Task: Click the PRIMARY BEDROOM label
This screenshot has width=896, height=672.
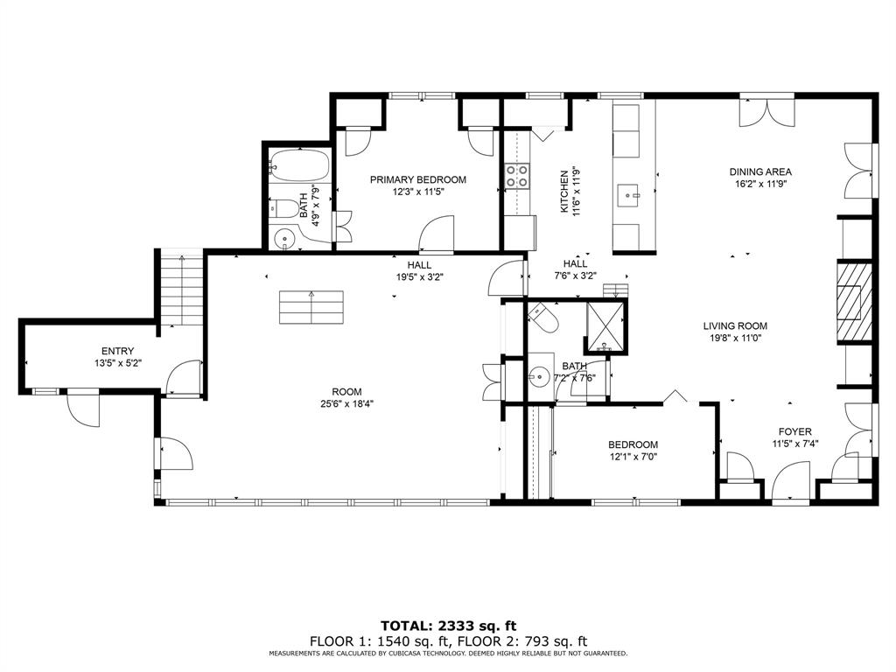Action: (417, 180)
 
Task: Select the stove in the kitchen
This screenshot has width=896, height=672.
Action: (516, 176)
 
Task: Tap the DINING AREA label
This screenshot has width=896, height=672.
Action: (760, 172)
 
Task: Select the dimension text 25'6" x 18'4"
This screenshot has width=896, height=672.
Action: (346, 404)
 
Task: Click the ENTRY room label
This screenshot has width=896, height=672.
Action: (117, 350)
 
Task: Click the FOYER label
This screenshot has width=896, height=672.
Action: (794, 431)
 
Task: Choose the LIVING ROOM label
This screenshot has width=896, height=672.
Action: (735, 326)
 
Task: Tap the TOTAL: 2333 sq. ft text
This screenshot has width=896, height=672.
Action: (448, 626)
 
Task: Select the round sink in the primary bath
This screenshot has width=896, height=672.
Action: (284, 239)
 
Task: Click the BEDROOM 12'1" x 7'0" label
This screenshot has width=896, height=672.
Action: (633, 444)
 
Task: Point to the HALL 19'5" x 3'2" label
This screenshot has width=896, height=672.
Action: (419, 264)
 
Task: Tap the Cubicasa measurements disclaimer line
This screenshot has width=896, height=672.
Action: (448, 654)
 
